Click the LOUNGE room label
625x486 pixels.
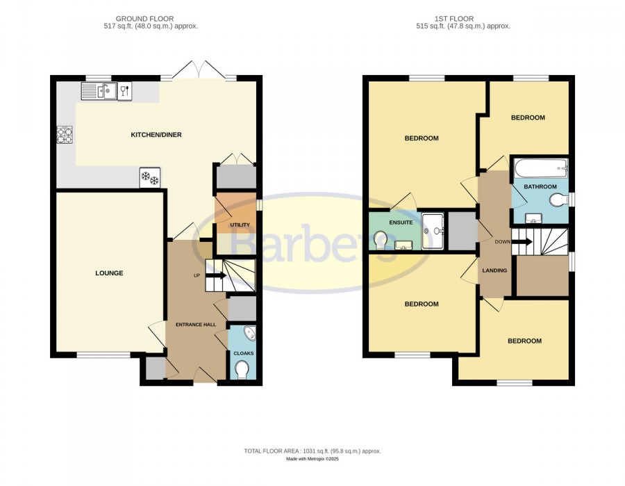pos(109,273)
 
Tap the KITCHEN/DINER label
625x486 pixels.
pos(156,135)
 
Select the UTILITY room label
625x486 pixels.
pos(240,225)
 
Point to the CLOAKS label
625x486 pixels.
pos(244,353)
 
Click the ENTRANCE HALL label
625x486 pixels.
pos(196,325)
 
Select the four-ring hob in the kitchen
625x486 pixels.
pos(65,135)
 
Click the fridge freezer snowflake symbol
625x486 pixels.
pos(150,177)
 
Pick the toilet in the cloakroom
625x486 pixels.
pos(242,369)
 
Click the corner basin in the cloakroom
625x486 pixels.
pos(250,334)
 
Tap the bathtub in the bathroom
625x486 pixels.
pos(541,169)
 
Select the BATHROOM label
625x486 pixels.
pos(540,187)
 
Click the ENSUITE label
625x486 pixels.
pos(401,222)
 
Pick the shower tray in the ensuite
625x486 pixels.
pos(433,231)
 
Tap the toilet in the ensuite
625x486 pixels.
pos(381,239)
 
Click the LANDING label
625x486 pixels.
pos(494,270)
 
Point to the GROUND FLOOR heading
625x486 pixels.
pos(144,19)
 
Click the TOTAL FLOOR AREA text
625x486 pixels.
pos(312,451)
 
